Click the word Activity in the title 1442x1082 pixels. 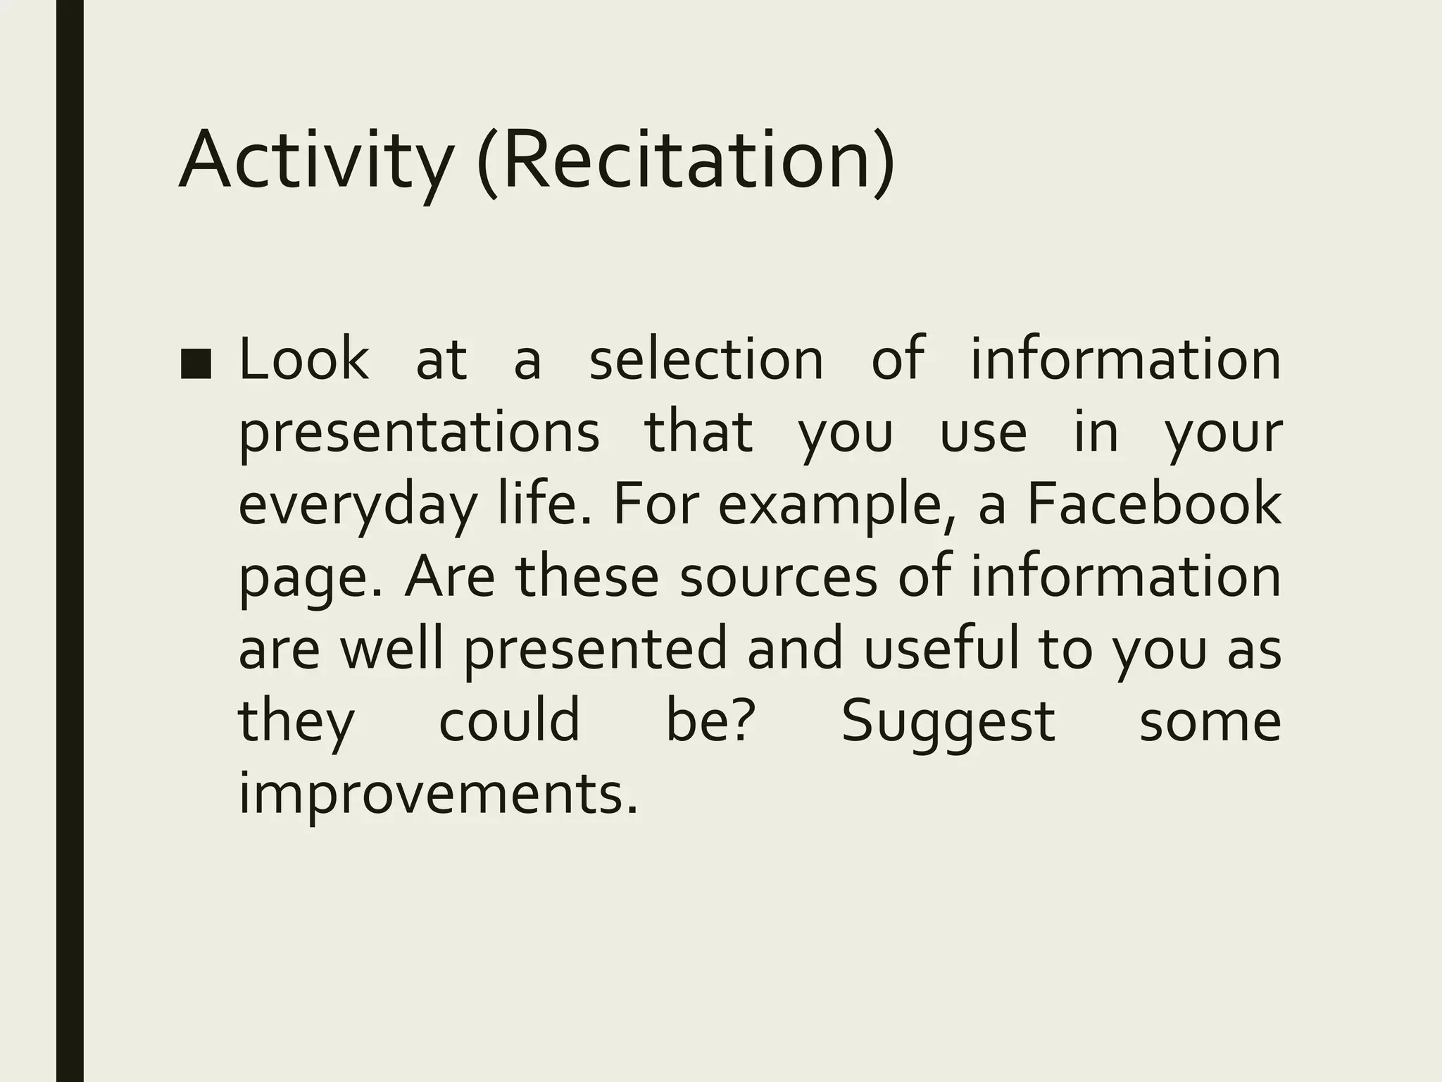coord(314,161)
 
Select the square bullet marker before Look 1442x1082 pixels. coord(196,364)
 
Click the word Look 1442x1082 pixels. coord(304,359)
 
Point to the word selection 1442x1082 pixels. coord(706,359)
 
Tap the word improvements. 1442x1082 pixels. coord(438,793)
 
